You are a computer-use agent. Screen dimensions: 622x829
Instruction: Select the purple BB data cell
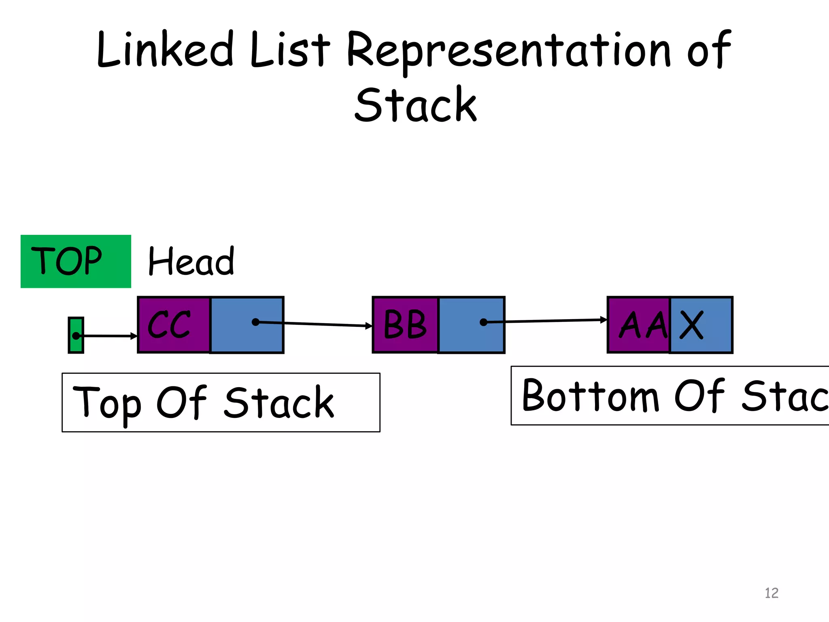point(405,325)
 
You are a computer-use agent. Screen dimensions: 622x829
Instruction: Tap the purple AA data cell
point(639,325)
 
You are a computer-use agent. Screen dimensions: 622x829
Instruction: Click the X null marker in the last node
point(691,325)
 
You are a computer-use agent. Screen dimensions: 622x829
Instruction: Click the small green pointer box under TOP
point(76,335)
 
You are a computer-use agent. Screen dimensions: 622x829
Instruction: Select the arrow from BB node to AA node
point(546,321)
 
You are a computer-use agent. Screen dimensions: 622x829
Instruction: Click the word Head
point(191,261)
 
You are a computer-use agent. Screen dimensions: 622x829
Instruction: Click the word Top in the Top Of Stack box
point(107,403)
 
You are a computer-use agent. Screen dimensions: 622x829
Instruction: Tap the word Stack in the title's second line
point(415,105)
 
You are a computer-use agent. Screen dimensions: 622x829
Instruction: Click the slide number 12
point(772,593)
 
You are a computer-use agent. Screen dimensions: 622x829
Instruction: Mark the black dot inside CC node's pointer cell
point(255,322)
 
